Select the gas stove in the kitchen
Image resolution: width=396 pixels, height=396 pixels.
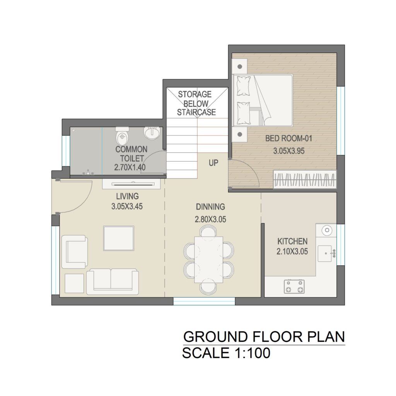(x=294, y=287)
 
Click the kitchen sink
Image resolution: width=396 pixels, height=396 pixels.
(x=327, y=253)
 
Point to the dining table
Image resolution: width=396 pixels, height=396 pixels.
(x=208, y=259)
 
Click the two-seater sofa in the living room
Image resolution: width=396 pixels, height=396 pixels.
(x=113, y=282)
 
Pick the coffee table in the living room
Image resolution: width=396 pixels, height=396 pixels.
(x=119, y=238)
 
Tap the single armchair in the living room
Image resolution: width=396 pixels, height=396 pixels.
(x=75, y=252)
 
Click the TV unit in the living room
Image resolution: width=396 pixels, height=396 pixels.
(x=131, y=184)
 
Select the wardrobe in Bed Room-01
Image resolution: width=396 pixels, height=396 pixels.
(x=305, y=179)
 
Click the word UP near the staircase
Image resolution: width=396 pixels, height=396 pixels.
(x=213, y=163)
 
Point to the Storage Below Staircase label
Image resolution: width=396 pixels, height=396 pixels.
(x=196, y=103)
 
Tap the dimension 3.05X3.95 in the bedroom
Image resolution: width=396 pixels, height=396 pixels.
(x=288, y=151)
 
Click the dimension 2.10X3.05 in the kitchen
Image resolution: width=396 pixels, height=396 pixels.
(x=292, y=251)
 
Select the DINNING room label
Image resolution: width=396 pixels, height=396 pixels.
(x=210, y=207)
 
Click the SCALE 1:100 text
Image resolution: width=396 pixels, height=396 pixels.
(x=226, y=353)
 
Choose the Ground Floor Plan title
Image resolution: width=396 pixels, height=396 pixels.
(x=264, y=337)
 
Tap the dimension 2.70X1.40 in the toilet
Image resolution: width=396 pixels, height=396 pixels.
(x=130, y=167)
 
